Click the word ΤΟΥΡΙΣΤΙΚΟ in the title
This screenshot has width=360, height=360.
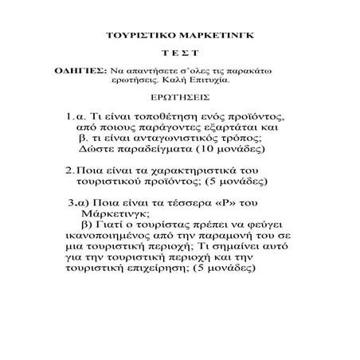click(x=141, y=37)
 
